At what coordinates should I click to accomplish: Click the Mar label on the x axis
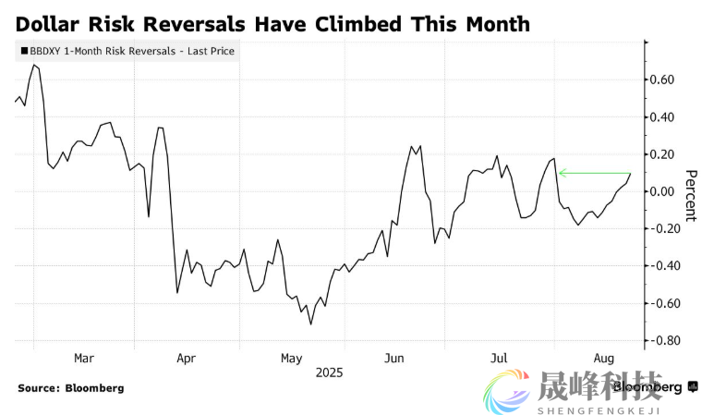[83, 358]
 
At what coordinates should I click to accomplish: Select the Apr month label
[186, 358]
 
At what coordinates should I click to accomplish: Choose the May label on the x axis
[291, 358]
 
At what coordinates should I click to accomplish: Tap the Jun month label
[394, 358]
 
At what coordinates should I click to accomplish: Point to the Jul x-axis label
[499, 358]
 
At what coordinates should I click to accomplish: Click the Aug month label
[604, 358]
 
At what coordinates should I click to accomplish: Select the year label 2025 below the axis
[329, 372]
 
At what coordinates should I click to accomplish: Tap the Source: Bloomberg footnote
[70, 388]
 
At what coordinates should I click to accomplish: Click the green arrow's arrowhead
[562, 173]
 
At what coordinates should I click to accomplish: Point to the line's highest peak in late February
[33, 65]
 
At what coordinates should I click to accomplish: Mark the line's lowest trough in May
[311, 323]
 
